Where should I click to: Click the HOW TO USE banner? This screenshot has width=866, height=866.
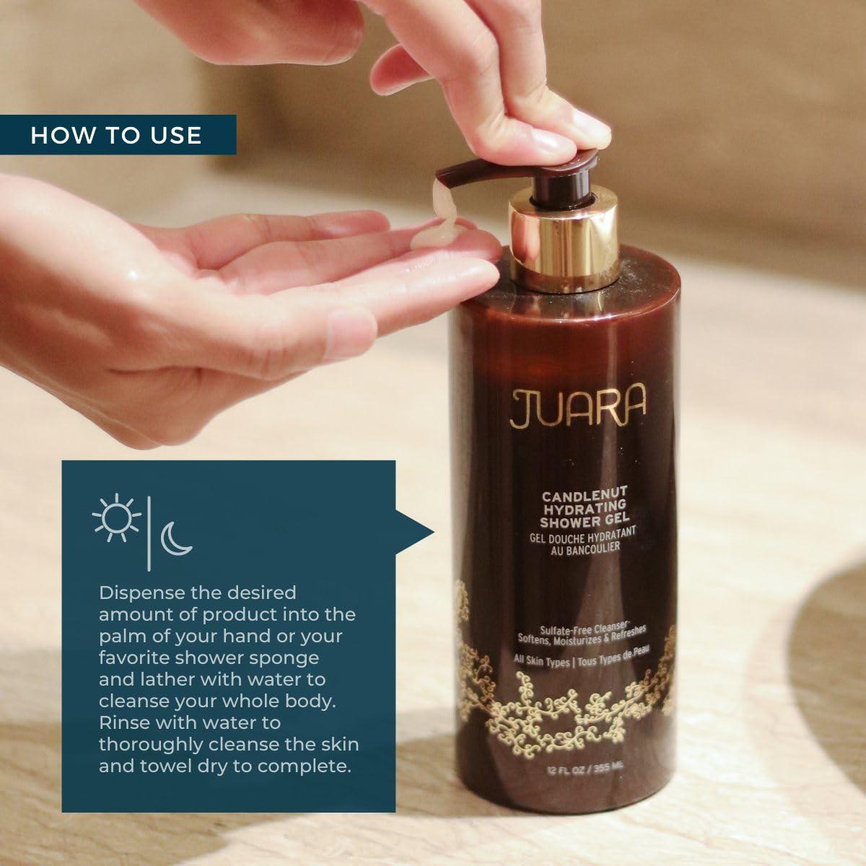coord(117,135)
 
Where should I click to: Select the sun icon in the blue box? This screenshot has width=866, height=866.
coord(115,517)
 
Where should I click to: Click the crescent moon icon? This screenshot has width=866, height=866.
coord(175,539)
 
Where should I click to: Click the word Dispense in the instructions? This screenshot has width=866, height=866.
coord(137,593)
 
